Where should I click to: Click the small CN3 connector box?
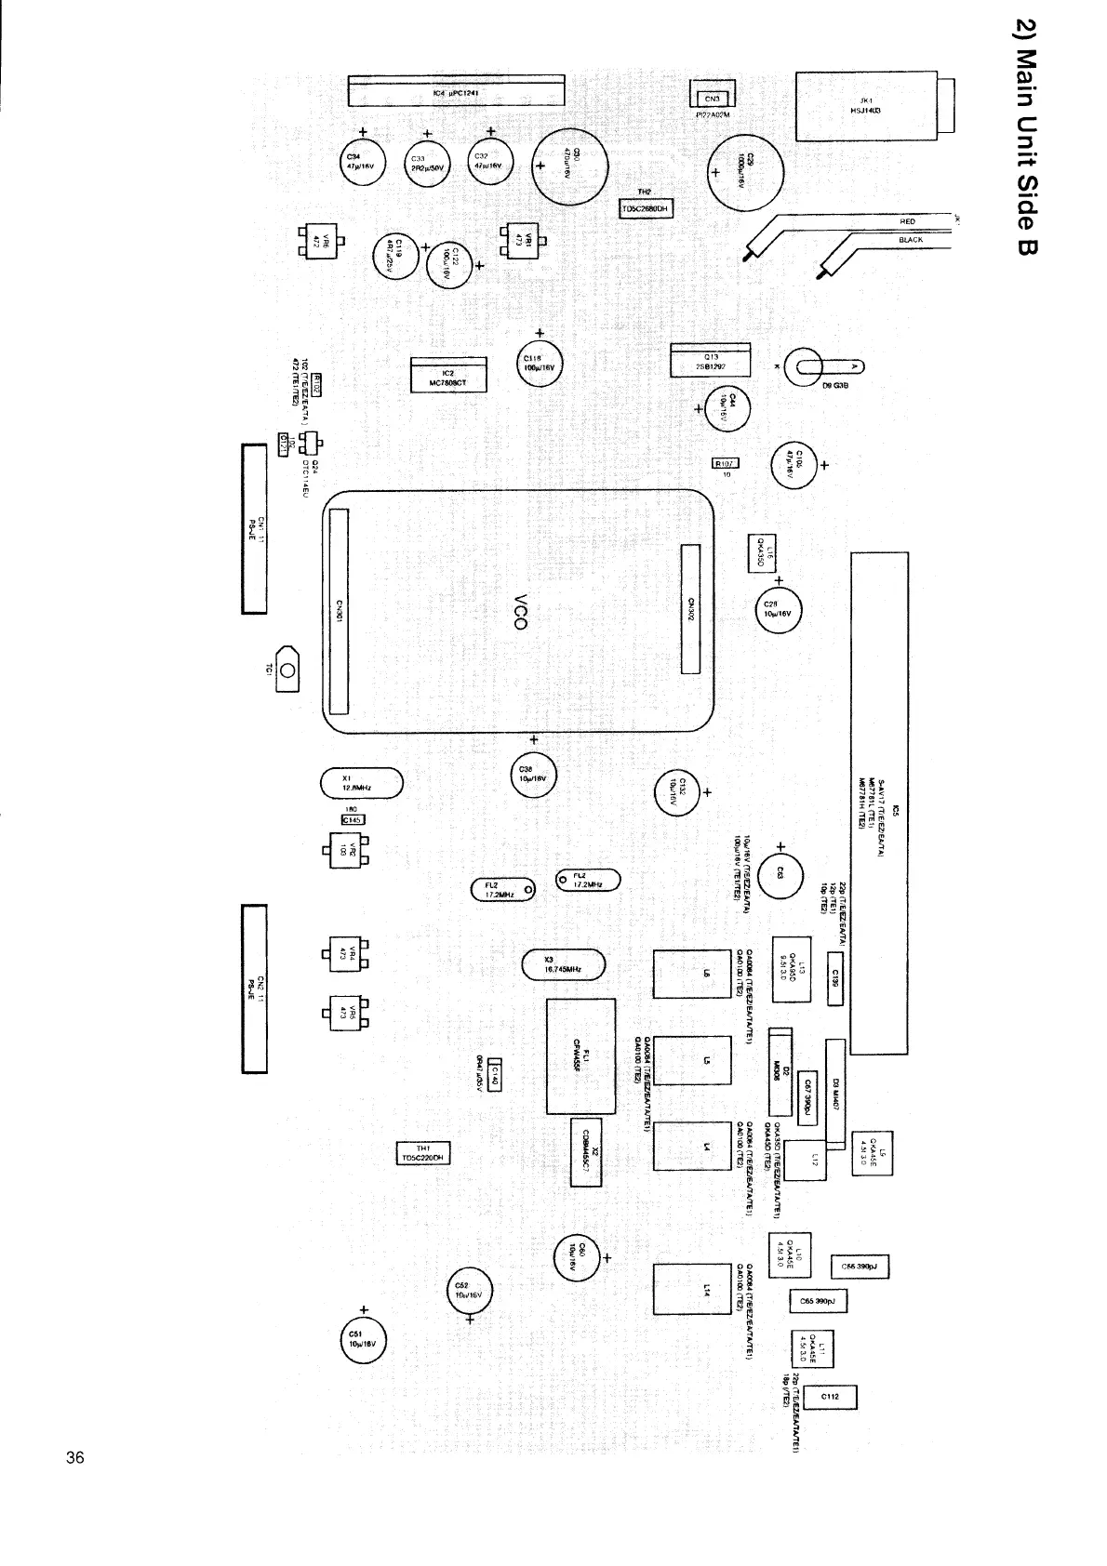click(712, 97)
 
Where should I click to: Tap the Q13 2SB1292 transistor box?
click(710, 362)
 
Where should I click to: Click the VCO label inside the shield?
click(521, 610)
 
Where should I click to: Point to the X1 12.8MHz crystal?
click(361, 783)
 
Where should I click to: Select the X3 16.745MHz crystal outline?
click(564, 965)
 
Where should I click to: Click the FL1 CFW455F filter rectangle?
click(580, 1055)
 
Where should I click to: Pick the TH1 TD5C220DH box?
click(423, 1153)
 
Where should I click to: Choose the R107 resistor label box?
click(725, 463)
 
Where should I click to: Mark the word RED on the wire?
click(907, 221)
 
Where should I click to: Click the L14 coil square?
click(691, 1289)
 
